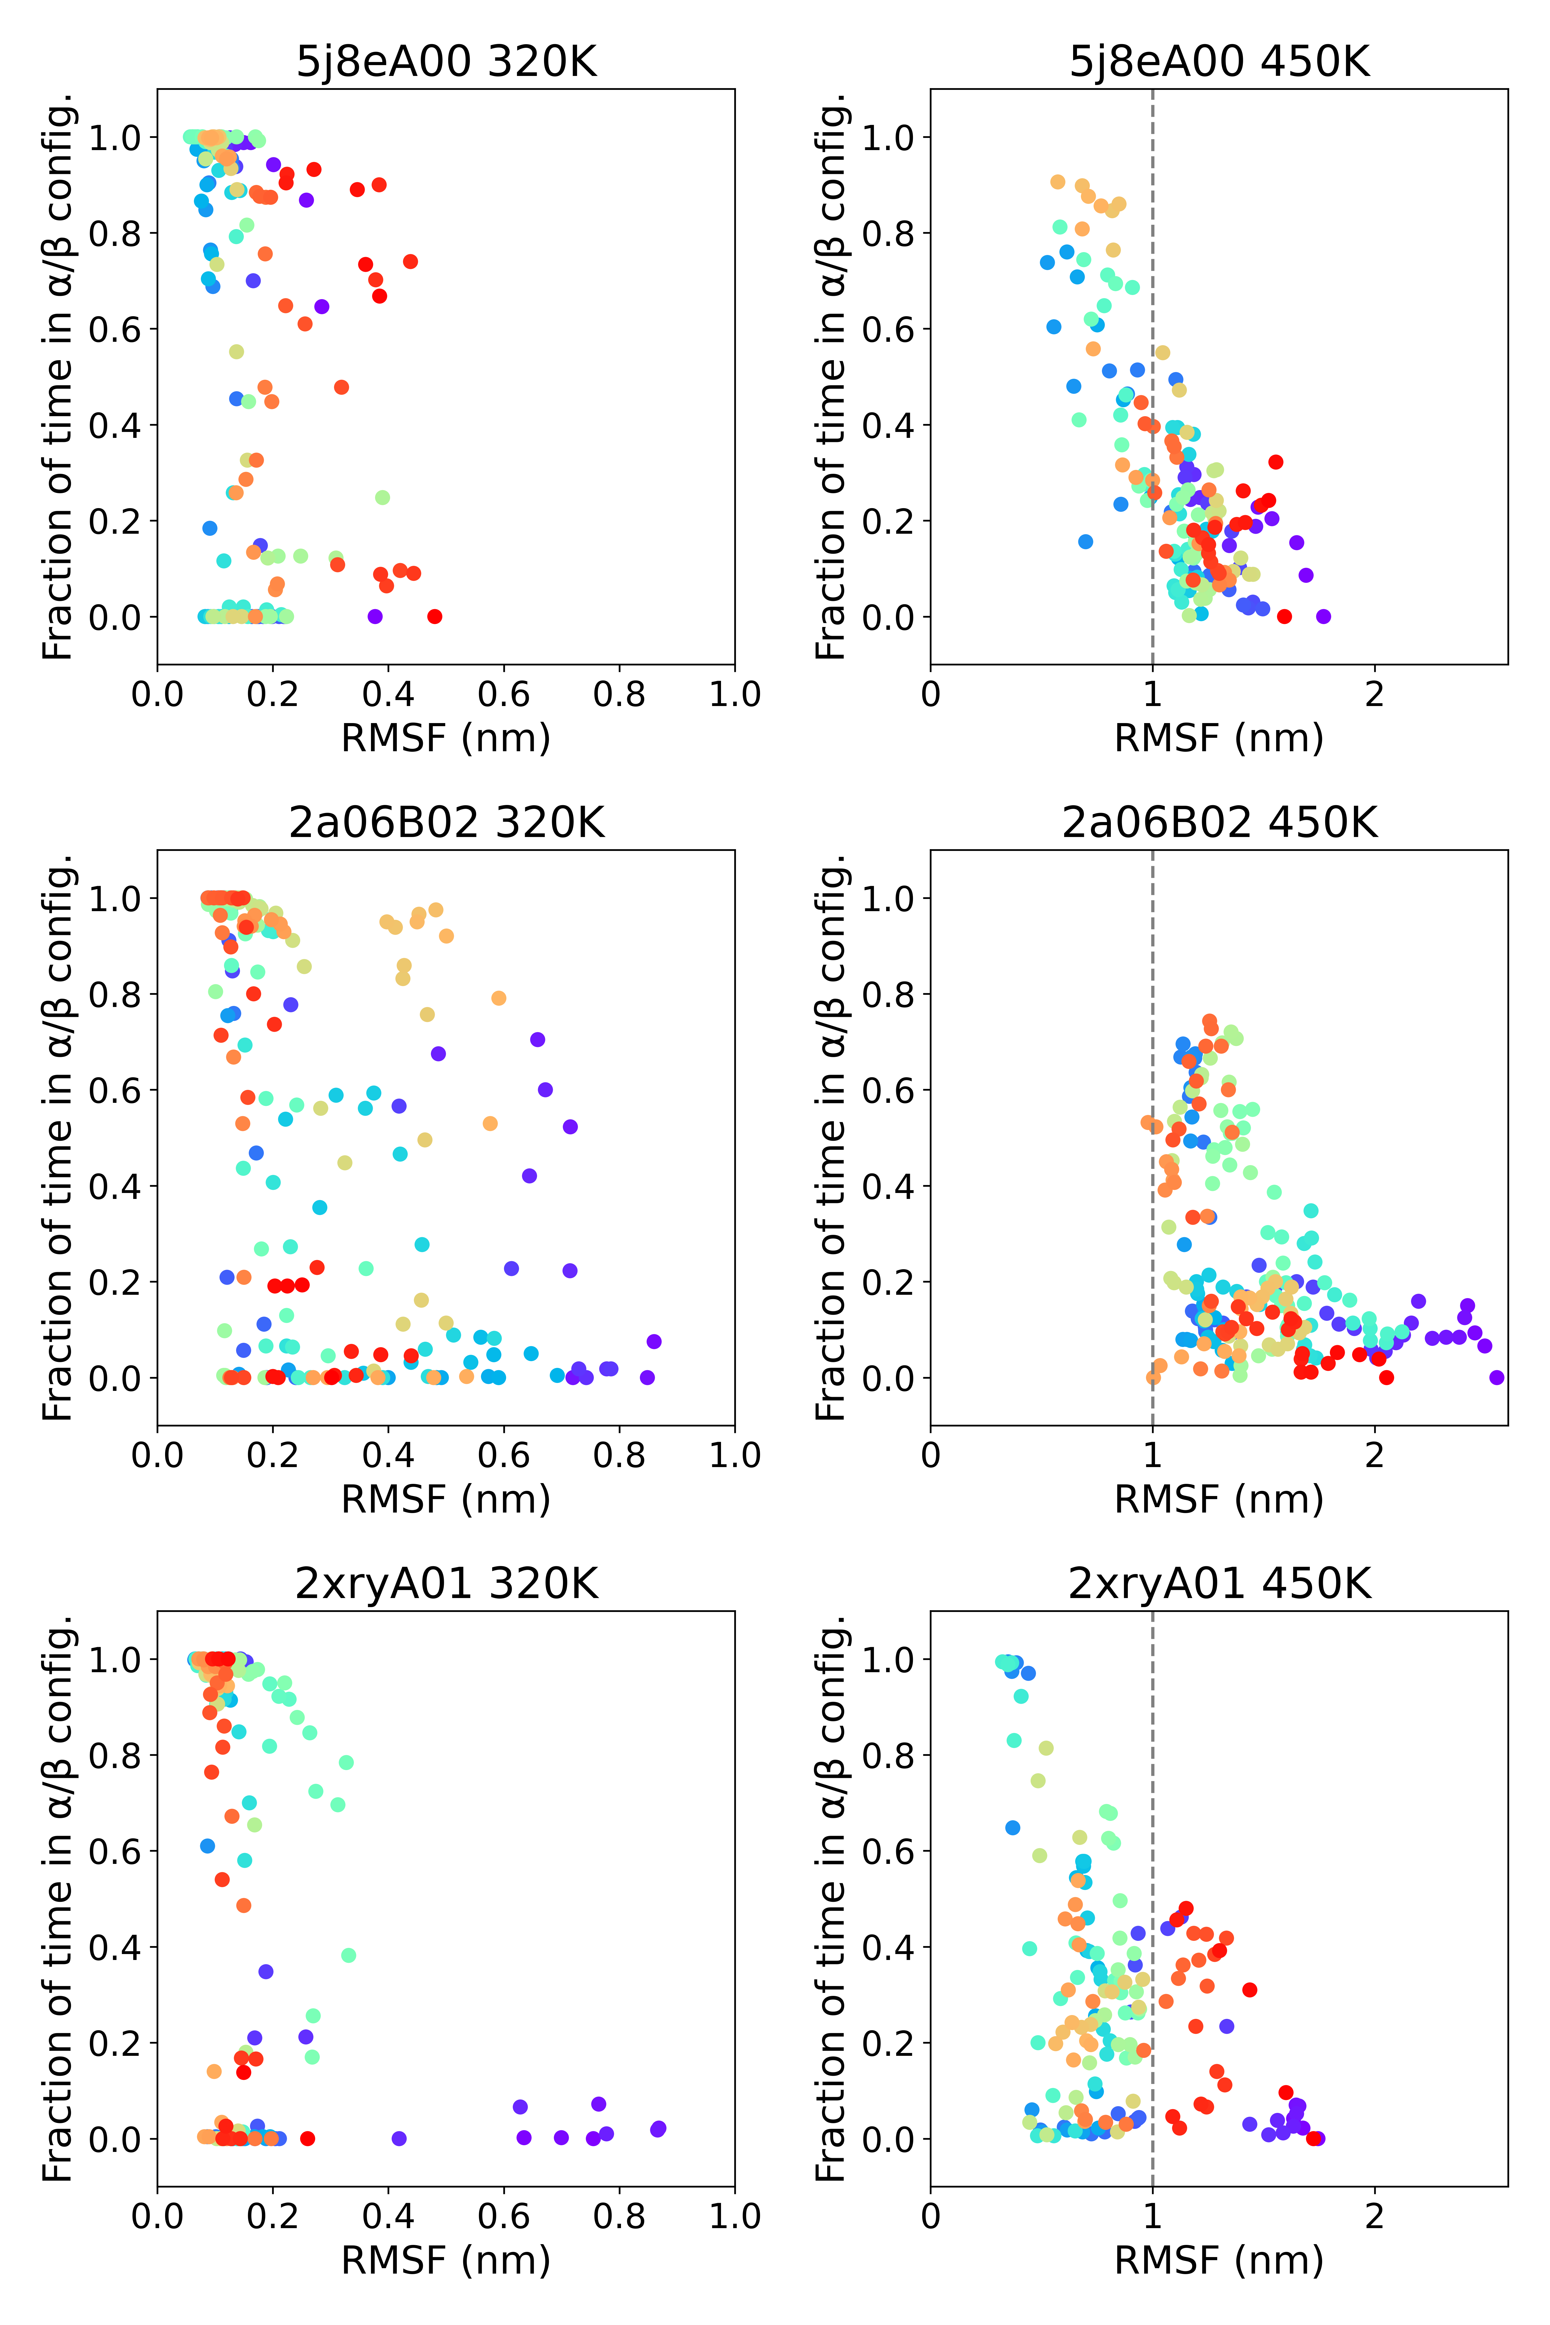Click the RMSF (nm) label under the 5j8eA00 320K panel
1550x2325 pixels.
click(446, 738)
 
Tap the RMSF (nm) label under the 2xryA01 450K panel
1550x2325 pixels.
click(1219, 2260)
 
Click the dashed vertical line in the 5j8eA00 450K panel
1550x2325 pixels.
click(1153, 297)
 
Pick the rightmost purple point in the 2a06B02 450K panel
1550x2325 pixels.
click(1497, 1377)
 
